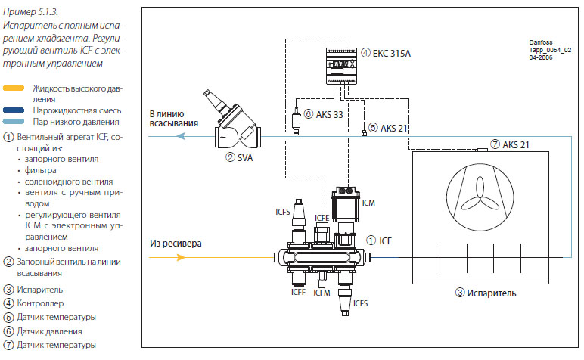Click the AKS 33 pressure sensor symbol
click(297, 121)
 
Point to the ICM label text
click(368, 203)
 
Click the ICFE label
click(322, 217)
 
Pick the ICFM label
click(322, 291)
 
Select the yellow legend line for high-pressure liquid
click(15, 88)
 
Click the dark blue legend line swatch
click(15, 110)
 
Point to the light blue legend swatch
click(15, 121)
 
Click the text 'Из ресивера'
click(176, 244)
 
